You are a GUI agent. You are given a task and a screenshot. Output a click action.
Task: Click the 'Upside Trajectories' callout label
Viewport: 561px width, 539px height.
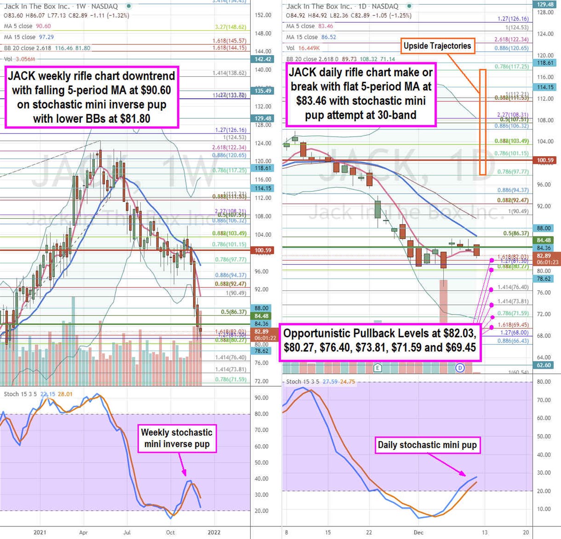(x=437, y=46)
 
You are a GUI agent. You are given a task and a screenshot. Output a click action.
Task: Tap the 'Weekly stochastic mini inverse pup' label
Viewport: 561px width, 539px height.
(x=177, y=438)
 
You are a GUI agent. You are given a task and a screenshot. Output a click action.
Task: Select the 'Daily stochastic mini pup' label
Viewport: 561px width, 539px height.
(x=427, y=445)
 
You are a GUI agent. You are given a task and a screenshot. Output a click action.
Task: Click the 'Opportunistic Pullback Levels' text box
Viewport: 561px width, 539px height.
(x=380, y=340)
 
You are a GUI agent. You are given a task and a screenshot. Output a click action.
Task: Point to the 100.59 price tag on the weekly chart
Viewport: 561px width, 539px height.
(x=263, y=251)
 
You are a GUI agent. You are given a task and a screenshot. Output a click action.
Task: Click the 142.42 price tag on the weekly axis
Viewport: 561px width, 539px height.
(x=263, y=59)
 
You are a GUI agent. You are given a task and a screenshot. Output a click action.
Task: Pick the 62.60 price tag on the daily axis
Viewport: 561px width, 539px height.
(x=544, y=365)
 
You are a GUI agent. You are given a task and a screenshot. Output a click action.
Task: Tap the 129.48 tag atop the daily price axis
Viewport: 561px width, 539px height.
(x=545, y=4)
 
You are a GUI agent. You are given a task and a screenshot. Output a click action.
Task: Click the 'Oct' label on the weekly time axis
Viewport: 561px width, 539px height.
(x=170, y=532)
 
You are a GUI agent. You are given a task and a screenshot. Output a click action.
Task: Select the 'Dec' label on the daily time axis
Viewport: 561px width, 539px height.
(x=418, y=532)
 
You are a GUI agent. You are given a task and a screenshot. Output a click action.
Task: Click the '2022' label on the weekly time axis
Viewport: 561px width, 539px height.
(x=214, y=532)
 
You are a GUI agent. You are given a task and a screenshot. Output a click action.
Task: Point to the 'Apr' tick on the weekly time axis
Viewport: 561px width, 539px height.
(x=83, y=532)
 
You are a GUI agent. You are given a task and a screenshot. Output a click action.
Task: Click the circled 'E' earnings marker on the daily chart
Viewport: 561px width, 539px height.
(x=377, y=368)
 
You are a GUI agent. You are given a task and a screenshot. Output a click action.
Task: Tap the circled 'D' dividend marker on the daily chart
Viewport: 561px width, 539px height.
(x=460, y=368)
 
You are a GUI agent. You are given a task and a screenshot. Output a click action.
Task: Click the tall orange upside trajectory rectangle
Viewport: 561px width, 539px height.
(x=482, y=122)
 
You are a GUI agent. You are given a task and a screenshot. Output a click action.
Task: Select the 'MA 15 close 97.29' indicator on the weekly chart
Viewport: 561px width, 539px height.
(x=29, y=37)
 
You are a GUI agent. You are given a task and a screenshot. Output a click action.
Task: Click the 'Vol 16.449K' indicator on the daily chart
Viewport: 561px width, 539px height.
(x=303, y=48)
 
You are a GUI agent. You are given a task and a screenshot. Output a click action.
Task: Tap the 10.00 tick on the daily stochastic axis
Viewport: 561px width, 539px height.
(x=544, y=509)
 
